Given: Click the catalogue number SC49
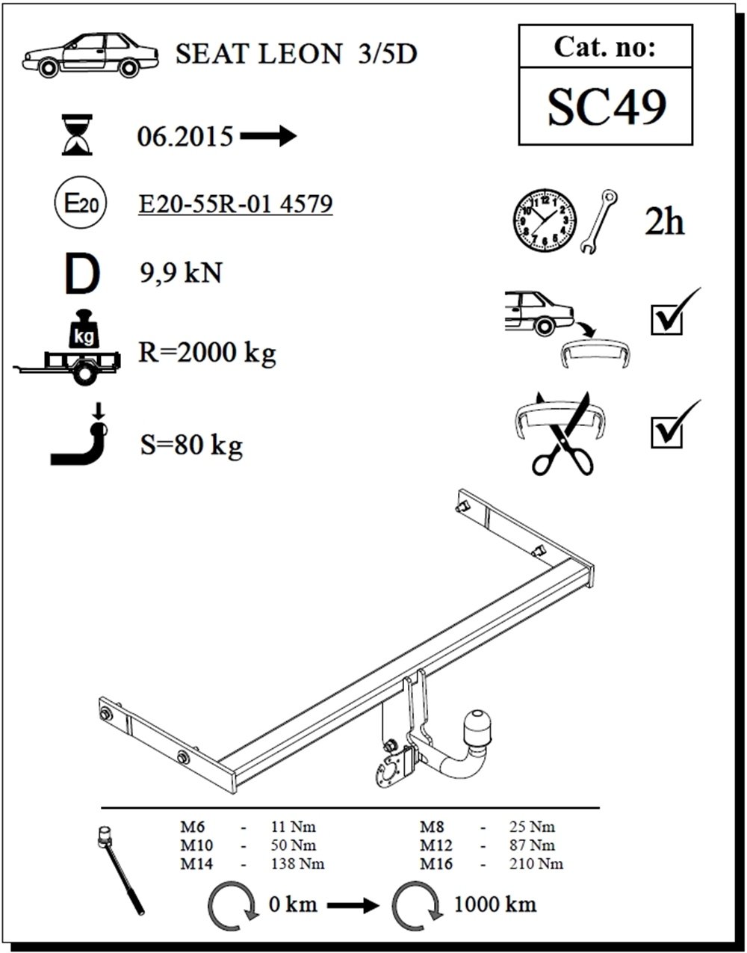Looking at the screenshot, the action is [x=607, y=107].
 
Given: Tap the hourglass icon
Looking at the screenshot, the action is [x=77, y=135].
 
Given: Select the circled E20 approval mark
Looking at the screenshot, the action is [x=81, y=202].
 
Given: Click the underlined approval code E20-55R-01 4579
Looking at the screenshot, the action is [x=236, y=203].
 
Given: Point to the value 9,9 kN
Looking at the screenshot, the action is [x=181, y=273].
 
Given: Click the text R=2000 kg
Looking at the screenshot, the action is [x=207, y=353].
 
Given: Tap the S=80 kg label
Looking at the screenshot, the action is [x=191, y=445].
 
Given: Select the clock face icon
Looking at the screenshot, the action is [x=545, y=220].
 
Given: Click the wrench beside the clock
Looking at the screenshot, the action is [x=598, y=221].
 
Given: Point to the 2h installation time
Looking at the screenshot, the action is [x=664, y=222].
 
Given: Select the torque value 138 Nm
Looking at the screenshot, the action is [x=297, y=864].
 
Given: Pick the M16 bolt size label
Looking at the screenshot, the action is [x=436, y=864].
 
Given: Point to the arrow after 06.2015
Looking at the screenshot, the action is [x=268, y=136].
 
